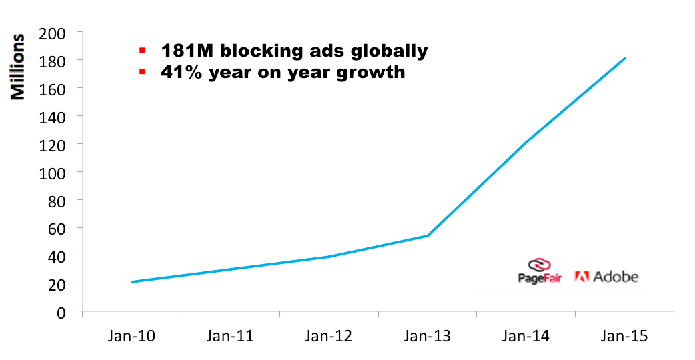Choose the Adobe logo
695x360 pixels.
tap(606, 276)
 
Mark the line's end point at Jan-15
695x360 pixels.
tap(625, 58)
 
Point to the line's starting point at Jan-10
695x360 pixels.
tap(131, 282)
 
